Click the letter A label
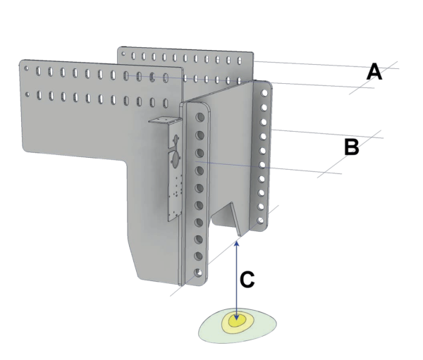[374, 71]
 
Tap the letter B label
[351, 147]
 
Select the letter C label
[247, 279]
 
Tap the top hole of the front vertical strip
[200, 116]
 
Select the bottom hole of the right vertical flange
[263, 223]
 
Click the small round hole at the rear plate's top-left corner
[124, 52]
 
